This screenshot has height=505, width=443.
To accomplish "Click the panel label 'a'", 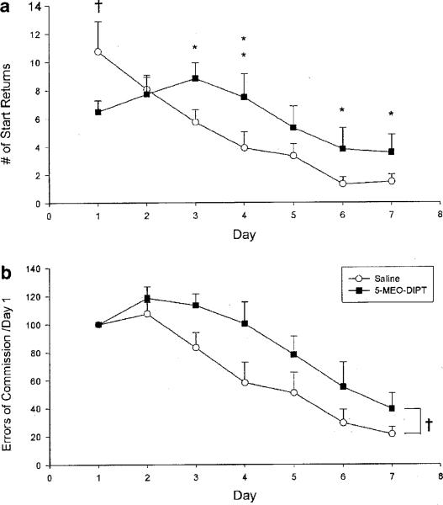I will coord(6,7).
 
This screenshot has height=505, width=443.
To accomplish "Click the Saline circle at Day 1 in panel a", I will coord(98,51).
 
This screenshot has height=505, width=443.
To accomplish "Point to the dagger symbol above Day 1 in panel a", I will coord(98,8).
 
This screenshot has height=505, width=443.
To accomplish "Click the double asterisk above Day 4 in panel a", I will coord(244,47).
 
